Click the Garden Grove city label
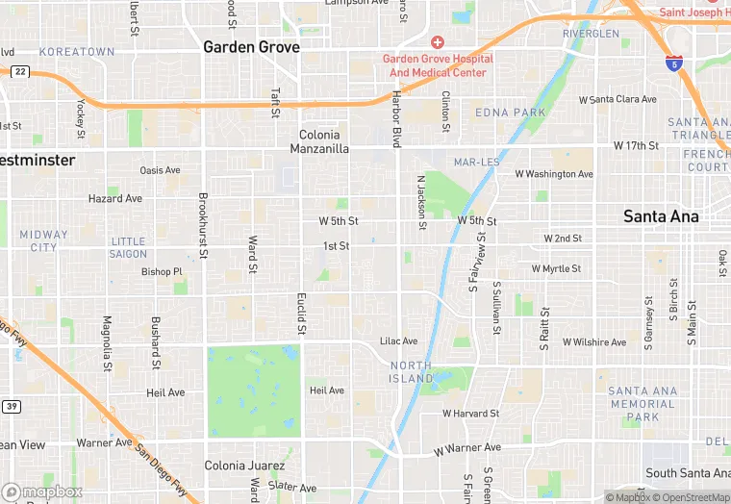pos(251,46)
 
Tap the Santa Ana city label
pos(661,216)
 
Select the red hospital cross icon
pos(438,41)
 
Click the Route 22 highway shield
pos(19,71)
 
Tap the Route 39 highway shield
pos(11,406)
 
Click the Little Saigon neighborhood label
pos(129,247)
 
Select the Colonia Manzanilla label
pos(319,142)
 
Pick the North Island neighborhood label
pos(411,372)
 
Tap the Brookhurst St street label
pos(203,226)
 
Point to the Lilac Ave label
pos(398,341)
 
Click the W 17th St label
pos(636,145)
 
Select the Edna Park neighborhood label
pos(510,113)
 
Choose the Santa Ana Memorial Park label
pos(642,404)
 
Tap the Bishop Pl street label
pos(162,272)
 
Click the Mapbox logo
pos(41,491)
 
